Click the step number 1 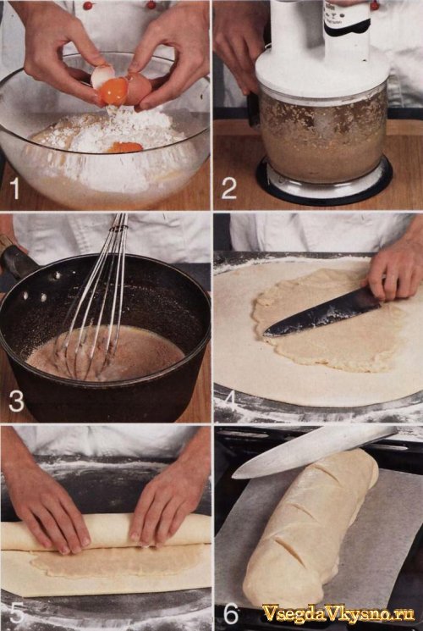pos(14,188)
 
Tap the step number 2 pos(228,188)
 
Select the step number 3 pos(16,401)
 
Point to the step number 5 pos(17,612)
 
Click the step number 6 pos(230,614)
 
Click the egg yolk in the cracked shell pos(114,91)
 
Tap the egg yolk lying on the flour pos(124,147)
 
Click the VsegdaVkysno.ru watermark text pos(338,614)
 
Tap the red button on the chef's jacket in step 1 pos(88,5)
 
